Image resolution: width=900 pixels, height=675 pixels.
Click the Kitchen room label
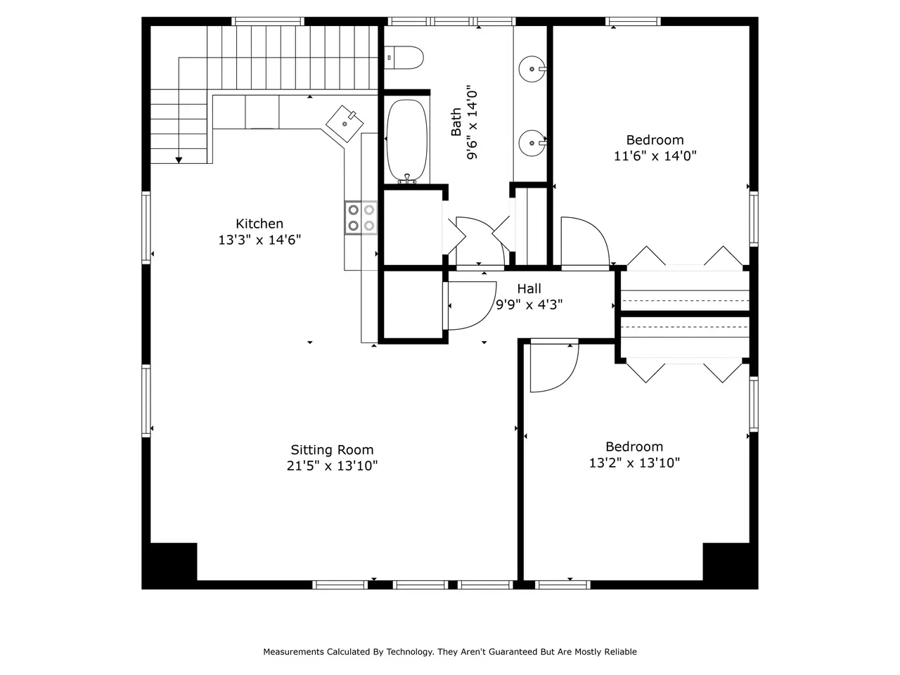[259, 224]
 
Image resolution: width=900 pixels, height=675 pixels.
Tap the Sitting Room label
[332, 450]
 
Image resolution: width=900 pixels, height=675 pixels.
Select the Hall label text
[529, 288]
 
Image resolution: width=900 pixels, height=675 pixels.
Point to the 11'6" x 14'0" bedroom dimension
[655, 156]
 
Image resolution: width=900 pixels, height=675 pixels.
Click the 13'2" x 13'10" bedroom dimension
[634, 463]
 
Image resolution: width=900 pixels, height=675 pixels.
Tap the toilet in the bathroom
[404, 58]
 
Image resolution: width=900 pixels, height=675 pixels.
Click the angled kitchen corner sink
[345, 124]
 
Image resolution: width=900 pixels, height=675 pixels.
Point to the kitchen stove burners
[361, 218]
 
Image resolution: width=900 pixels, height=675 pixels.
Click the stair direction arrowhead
[179, 160]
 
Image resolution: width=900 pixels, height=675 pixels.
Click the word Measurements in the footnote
[293, 652]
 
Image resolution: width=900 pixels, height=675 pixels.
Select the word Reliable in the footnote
[620, 652]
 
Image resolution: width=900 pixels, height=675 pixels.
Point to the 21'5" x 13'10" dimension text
[332, 466]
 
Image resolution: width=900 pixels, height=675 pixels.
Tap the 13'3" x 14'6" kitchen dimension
[259, 240]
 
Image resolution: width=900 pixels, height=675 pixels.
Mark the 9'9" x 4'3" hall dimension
[529, 305]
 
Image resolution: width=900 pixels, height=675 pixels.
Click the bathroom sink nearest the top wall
[532, 69]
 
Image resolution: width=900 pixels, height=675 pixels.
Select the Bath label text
[456, 122]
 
